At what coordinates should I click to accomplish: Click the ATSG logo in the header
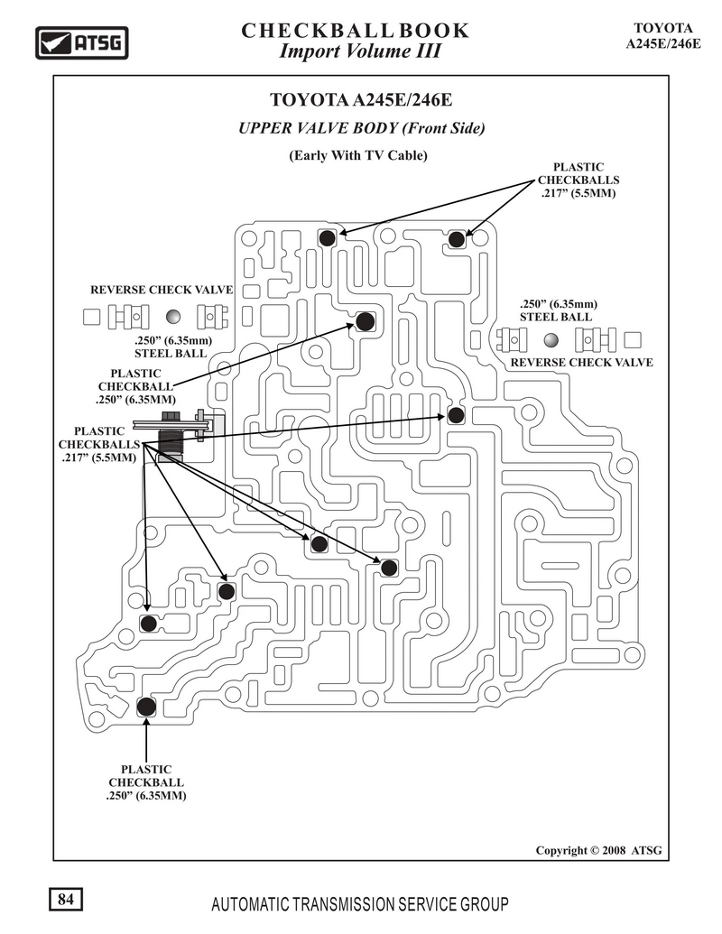(x=81, y=43)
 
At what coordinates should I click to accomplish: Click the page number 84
(x=66, y=899)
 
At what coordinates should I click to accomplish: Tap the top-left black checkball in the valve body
(x=327, y=238)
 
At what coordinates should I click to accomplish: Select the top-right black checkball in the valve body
(x=457, y=239)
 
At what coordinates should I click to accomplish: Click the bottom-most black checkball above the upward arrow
(x=146, y=707)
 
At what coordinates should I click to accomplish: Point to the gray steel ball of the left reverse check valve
(x=172, y=317)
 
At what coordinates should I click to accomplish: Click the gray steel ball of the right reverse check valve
(x=551, y=340)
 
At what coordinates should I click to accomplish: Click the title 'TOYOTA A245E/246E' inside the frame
(x=361, y=99)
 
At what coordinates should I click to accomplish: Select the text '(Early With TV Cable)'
(x=358, y=155)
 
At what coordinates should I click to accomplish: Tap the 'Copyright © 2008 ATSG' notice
(x=598, y=850)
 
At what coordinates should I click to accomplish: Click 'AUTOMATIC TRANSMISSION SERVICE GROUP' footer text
(x=360, y=905)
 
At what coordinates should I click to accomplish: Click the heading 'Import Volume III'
(x=360, y=51)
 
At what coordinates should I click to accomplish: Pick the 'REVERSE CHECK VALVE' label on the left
(x=162, y=290)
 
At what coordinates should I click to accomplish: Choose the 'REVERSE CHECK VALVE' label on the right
(x=581, y=362)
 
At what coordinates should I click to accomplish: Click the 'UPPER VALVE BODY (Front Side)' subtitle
(x=362, y=128)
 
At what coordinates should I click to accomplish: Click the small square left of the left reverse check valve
(x=91, y=317)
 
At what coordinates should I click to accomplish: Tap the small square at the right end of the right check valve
(x=633, y=340)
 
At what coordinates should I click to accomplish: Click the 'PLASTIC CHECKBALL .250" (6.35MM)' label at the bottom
(x=146, y=782)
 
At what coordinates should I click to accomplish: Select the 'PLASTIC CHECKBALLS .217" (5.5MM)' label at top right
(x=579, y=180)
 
